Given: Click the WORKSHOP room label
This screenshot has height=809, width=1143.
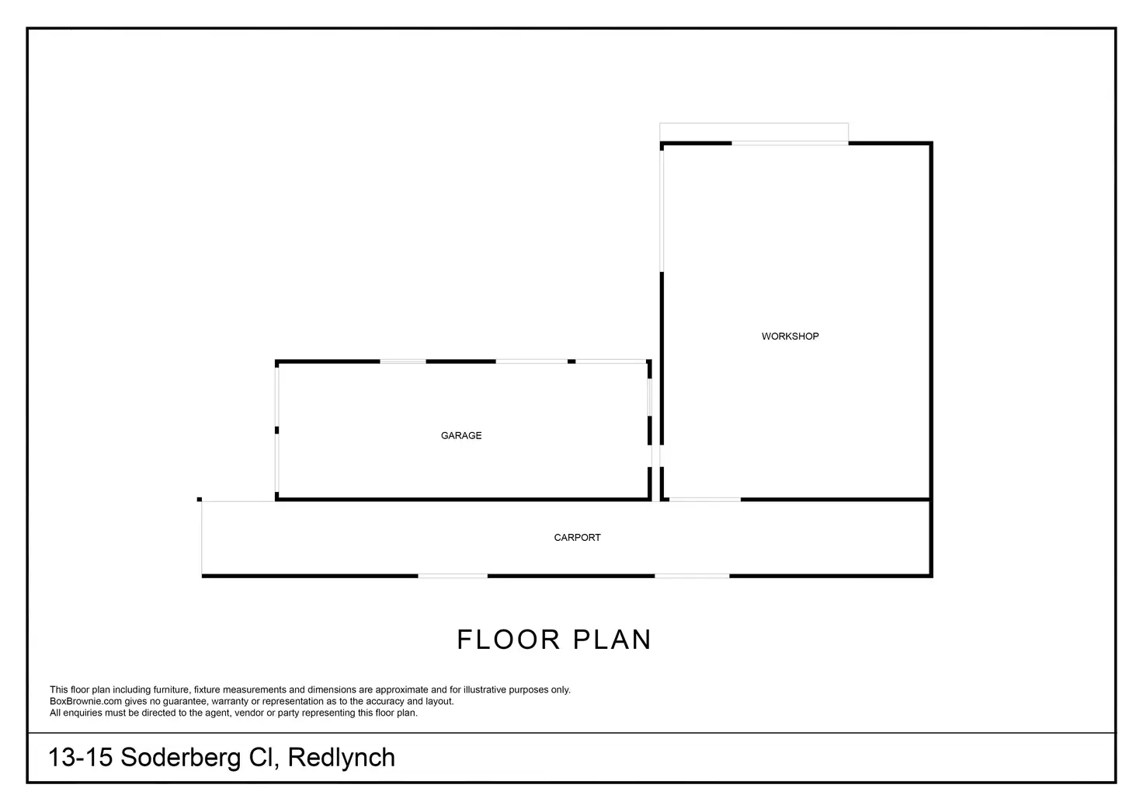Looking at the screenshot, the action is (x=790, y=337).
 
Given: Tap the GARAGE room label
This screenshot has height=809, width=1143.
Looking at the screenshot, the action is (x=461, y=436).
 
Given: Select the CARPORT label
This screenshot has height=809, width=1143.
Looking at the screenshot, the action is (x=577, y=538).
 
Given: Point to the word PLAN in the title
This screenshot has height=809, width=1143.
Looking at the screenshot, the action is (x=612, y=640).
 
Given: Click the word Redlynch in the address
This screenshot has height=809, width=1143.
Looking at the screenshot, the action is (x=342, y=758).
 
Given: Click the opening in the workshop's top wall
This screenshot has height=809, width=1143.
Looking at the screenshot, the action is (x=790, y=143).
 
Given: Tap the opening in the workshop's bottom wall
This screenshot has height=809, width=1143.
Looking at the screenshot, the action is (x=705, y=499).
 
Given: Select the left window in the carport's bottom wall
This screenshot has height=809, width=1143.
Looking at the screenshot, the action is (x=453, y=576).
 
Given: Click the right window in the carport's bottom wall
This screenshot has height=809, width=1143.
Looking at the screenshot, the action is (x=692, y=576).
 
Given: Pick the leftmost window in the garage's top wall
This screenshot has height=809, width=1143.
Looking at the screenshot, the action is (x=402, y=361).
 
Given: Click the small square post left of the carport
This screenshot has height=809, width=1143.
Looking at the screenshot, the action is (x=200, y=499).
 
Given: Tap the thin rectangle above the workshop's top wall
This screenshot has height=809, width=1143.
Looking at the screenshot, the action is (x=753, y=132).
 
